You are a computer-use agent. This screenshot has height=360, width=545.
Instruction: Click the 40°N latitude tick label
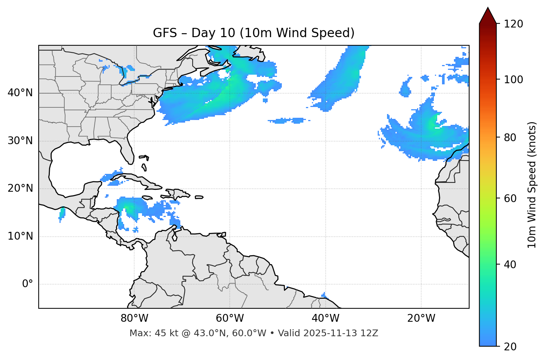(x=20, y=93)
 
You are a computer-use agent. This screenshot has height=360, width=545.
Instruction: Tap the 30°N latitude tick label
(x=20, y=141)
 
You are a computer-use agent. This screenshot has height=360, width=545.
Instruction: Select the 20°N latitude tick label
(x=20, y=188)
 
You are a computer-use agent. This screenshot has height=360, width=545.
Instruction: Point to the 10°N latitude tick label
(x=20, y=236)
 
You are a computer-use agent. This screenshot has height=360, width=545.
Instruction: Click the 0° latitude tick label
(x=28, y=284)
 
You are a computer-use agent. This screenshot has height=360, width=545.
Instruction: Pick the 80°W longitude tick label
(x=134, y=318)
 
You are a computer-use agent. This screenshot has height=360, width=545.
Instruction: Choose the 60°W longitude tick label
(x=230, y=318)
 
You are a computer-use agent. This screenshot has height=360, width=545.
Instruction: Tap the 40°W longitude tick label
(x=325, y=318)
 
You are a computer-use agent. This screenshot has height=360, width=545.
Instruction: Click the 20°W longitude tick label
(x=421, y=318)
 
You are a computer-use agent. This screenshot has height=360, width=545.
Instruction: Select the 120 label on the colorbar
(x=513, y=24)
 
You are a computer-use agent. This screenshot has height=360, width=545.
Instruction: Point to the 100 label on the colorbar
(x=513, y=80)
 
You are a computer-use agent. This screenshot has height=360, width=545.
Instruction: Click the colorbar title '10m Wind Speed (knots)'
(x=532, y=185)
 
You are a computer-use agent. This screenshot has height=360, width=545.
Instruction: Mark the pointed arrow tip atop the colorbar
(x=488, y=8)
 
